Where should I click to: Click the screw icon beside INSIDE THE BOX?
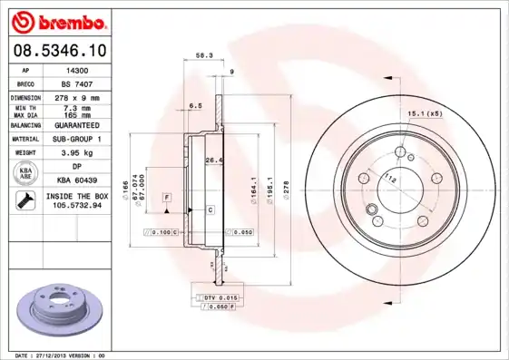coord(23,200)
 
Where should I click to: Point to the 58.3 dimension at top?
coord(204,56)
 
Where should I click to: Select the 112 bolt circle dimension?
coord(390,178)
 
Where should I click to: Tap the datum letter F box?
coord(168,197)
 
